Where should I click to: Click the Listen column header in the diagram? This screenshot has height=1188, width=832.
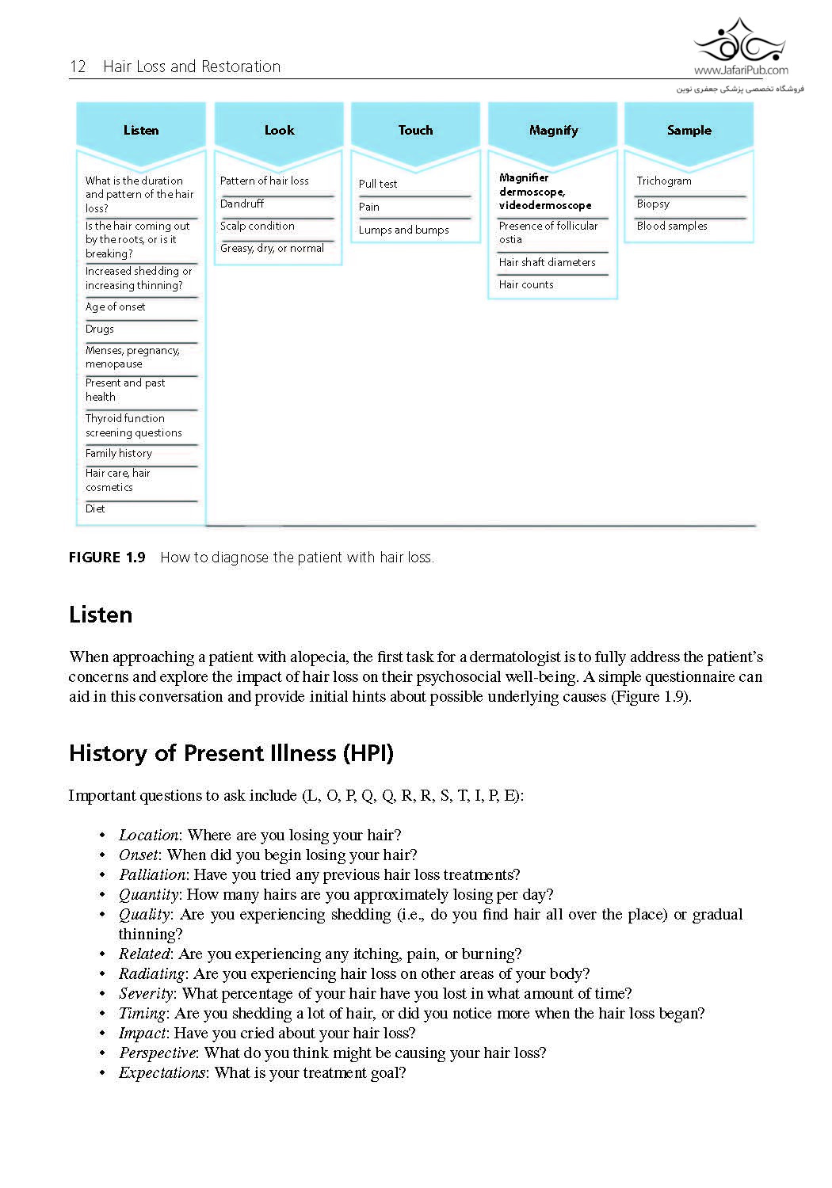pos(141,131)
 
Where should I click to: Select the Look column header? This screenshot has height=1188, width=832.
pos(279,131)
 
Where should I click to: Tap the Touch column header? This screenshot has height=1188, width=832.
pos(415,131)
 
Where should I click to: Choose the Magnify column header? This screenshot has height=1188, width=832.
pos(553,131)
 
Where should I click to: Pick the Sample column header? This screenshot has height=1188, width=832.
pos(689,131)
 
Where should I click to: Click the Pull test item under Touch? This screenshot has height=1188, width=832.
pos(378,184)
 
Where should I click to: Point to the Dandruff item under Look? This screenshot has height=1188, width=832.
pos(242,204)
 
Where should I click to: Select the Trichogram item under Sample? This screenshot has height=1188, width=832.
pos(664,181)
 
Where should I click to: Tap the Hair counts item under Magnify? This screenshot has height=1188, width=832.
pos(526,284)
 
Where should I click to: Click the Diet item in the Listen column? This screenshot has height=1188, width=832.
pos(95,508)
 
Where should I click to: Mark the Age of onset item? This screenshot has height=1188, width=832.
pos(116,307)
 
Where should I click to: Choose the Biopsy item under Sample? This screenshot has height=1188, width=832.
pos(653,204)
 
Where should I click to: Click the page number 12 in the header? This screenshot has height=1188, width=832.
pos(78,67)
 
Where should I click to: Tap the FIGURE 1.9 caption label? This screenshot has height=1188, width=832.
pos(107,558)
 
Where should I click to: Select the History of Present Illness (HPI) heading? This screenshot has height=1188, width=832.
pos(231,752)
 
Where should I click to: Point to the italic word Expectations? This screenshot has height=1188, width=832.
pos(162,1072)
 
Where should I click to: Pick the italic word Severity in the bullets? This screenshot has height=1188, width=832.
pos(147,993)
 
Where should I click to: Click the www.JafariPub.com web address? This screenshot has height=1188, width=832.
pos(741,70)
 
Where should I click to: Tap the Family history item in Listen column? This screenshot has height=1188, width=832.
pos(119,453)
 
